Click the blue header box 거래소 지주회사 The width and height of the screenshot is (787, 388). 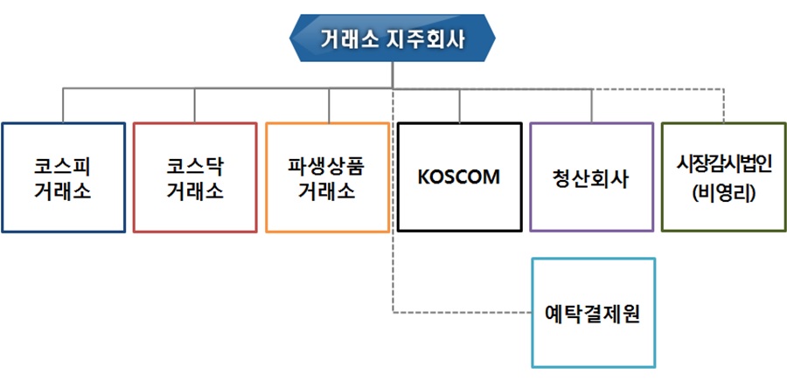(x=393, y=38)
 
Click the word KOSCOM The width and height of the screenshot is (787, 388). (x=459, y=177)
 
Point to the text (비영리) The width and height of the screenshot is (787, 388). (x=724, y=193)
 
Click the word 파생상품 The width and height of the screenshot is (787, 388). (x=326, y=166)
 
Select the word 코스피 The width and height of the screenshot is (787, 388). (x=63, y=166)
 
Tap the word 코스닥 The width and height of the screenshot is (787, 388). (x=195, y=166)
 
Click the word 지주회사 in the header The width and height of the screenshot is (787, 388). (x=426, y=39)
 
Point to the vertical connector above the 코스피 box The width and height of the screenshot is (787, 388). (x=63, y=105)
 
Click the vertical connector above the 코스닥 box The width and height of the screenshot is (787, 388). (x=195, y=105)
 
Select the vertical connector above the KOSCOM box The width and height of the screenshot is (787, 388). (x=459, y=105)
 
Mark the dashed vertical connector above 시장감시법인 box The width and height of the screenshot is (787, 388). (x=723, y=105)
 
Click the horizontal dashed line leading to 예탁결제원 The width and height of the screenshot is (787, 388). (x=462, y=312)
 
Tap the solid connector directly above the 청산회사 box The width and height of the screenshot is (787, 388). (x=592, y=105)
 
